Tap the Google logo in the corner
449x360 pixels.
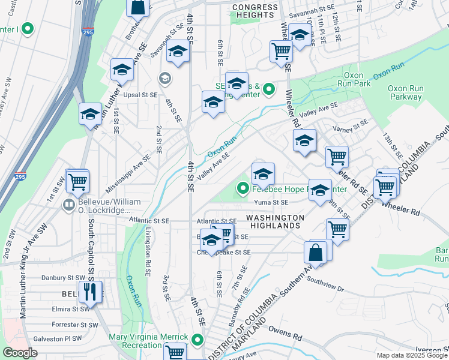20,353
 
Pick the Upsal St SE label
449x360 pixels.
141,95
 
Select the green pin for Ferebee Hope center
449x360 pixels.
243,190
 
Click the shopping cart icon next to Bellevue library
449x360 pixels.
77,181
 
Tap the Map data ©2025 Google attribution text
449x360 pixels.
412,355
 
